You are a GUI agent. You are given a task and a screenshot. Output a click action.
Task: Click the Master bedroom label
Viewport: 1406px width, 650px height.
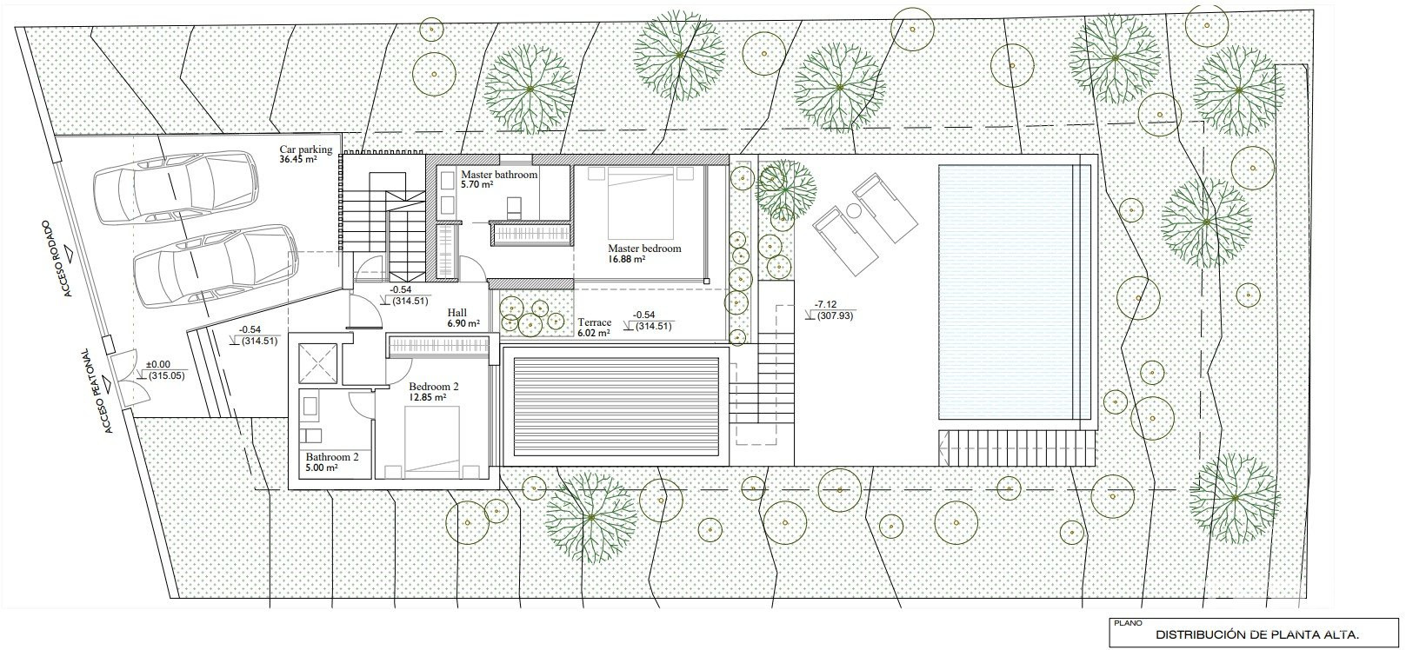click(644, 249)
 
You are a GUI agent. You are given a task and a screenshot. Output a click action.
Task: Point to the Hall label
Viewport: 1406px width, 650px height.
click(457, 313)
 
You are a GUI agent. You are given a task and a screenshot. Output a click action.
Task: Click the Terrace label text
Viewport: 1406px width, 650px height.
click(595, 322)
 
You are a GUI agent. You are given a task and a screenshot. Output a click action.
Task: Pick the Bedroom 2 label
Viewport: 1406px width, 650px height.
click(434, 387)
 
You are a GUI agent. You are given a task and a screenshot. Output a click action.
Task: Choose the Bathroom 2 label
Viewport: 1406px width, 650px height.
click(332, 457)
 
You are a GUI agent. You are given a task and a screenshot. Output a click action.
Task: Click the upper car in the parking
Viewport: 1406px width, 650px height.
click(175, 187)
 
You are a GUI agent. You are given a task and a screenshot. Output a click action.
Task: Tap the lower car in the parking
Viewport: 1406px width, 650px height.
click(215, 265)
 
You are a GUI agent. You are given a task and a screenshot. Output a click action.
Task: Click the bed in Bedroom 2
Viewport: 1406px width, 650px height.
click(431, 442)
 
